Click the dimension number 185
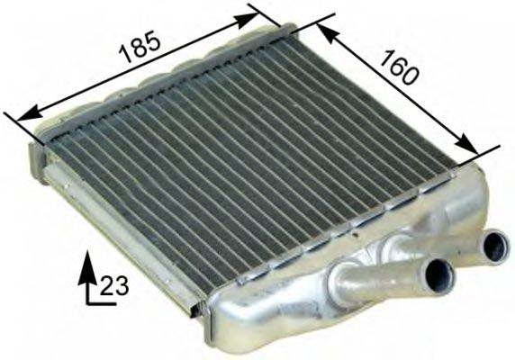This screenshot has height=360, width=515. click(140, 47)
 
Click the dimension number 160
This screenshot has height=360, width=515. click(398, 67)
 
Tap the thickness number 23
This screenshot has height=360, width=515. click(113, 285)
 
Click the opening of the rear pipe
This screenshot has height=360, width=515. click(496, 247)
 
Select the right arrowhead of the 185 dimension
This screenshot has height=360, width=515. click(246, 20)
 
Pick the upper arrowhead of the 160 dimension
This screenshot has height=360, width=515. click(330, 33)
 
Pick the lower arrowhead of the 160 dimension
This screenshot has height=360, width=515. click(465, 143)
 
